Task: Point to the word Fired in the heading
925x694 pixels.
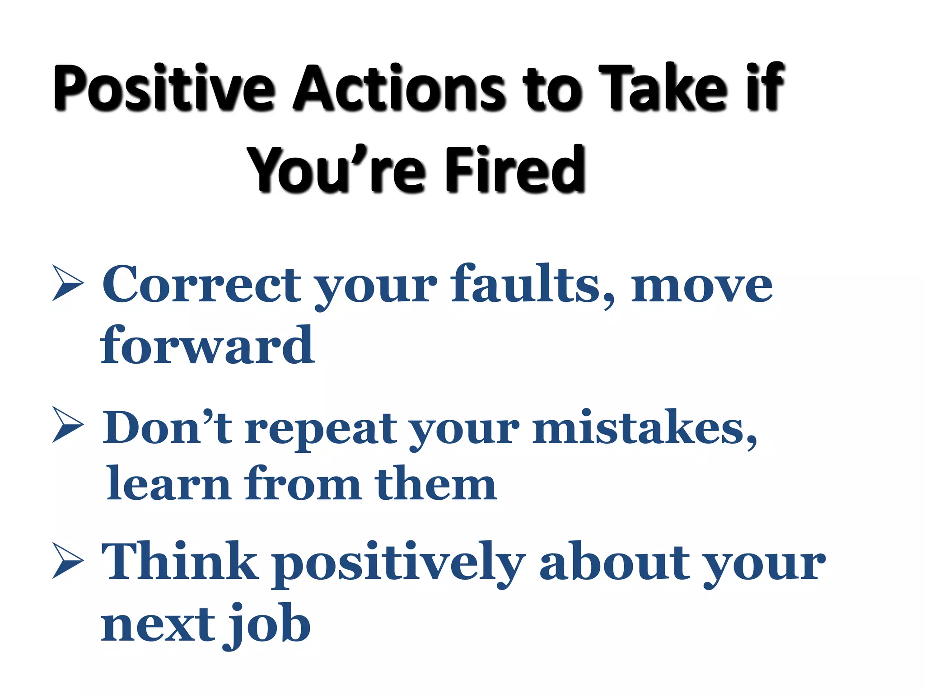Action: (x=515, y=170)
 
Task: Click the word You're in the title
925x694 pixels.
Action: (x=336, y=170)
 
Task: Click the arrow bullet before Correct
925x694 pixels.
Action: (x=68, y=283)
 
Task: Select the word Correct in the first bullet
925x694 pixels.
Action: (x=201, y=285)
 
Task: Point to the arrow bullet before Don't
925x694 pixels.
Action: (x=68, y=425)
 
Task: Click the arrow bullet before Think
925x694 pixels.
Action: (x=68, y=561)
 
